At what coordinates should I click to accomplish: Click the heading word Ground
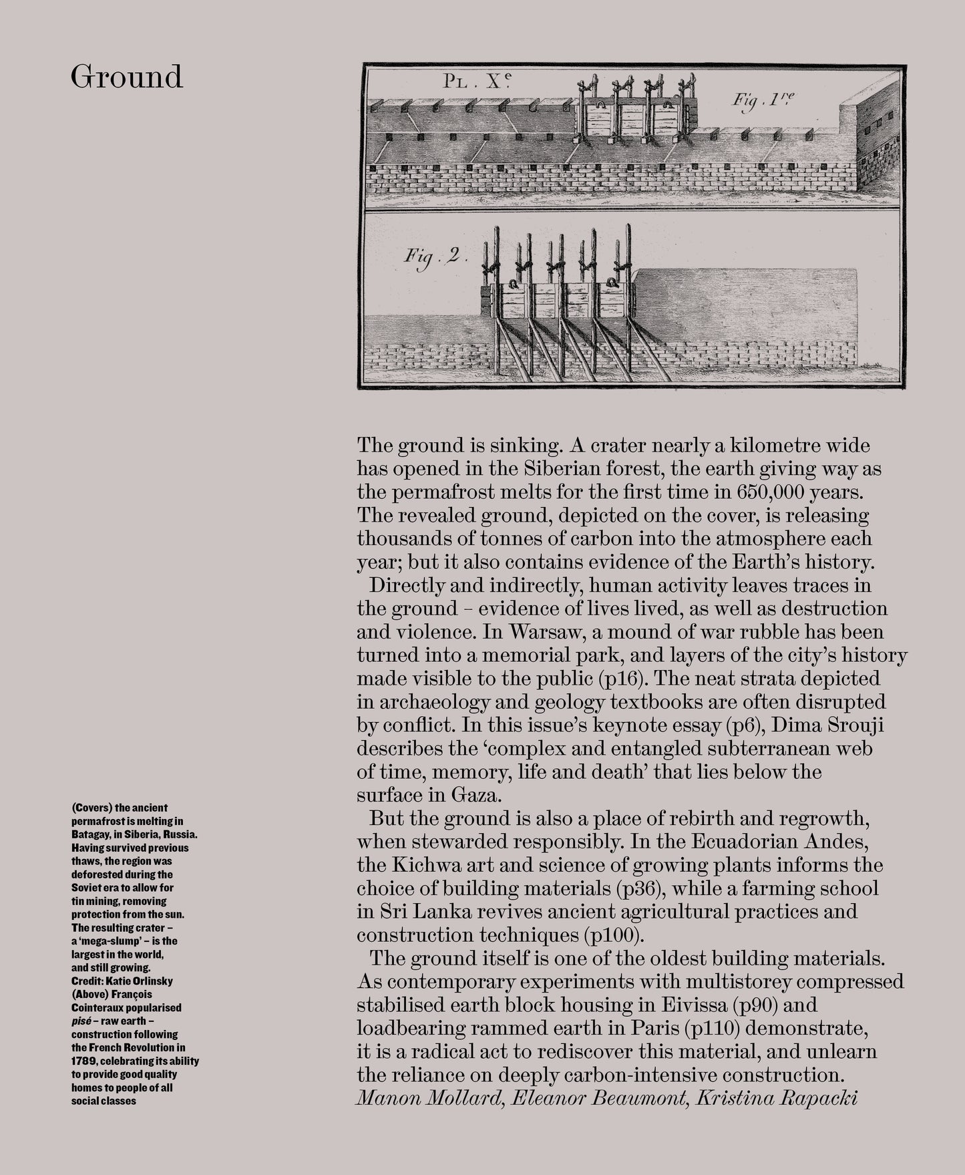127,77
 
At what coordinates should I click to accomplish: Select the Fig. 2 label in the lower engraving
436,257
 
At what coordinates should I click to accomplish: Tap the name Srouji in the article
851,725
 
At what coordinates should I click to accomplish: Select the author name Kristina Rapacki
777,1099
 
